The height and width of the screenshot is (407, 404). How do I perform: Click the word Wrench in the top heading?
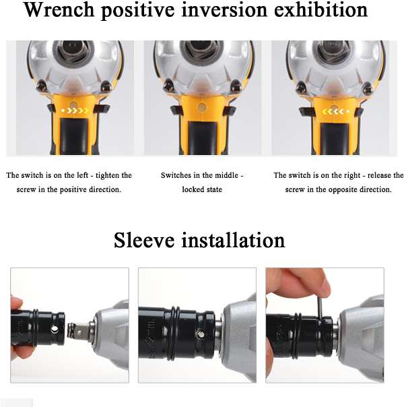click(x=59, y=9)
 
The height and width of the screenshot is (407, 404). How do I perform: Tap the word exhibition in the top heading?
click(x=321, y=9)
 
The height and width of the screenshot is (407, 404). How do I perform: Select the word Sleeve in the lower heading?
click(x=144, y=240)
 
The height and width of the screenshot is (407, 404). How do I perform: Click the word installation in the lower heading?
click(x=233, y=240)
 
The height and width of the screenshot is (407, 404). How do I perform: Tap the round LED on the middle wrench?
click(x=202, y=107)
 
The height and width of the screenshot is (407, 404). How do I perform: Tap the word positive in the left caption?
click(x=73, y=190)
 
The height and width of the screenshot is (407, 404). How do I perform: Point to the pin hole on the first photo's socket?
click(x=55, y=330)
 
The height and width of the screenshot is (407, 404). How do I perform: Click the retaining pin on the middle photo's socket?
click(x=200, y=334)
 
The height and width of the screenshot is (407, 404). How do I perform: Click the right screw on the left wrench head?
click(x=106, y=87)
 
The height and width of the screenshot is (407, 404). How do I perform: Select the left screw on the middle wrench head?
click(x=168, y=86)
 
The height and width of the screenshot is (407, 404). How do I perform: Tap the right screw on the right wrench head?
click(x=368, y=89)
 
